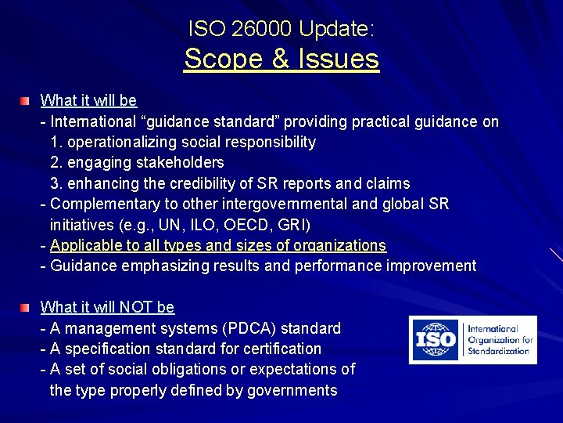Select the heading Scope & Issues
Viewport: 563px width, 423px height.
pyautogui.click(x=281, y=58)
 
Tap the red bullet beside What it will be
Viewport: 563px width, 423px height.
pyautogui.click(x=26, y=101)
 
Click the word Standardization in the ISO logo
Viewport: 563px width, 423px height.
pyautogui.click(x=498, y=350)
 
